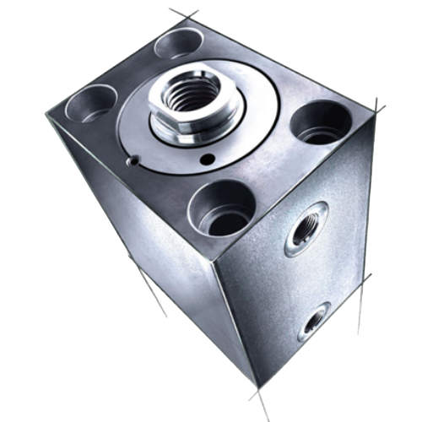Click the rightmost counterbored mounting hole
(317, 122)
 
